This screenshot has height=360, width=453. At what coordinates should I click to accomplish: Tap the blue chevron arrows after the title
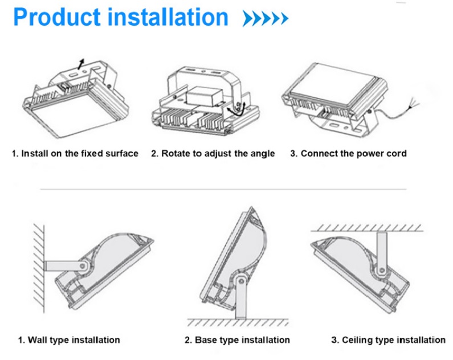point(265,19)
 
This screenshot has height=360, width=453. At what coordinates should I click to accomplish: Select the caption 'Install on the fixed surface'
point(75,153)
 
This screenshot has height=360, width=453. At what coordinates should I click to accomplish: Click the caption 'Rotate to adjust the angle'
point(213,153)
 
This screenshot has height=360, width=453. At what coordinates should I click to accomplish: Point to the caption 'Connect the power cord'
point(348,153)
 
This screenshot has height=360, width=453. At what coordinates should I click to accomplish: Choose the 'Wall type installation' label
point(69,339)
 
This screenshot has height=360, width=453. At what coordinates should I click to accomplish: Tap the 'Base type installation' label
point(236,339)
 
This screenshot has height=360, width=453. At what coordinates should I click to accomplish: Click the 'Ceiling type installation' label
point(388,339)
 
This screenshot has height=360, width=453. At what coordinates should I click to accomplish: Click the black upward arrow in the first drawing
point(81,62)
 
